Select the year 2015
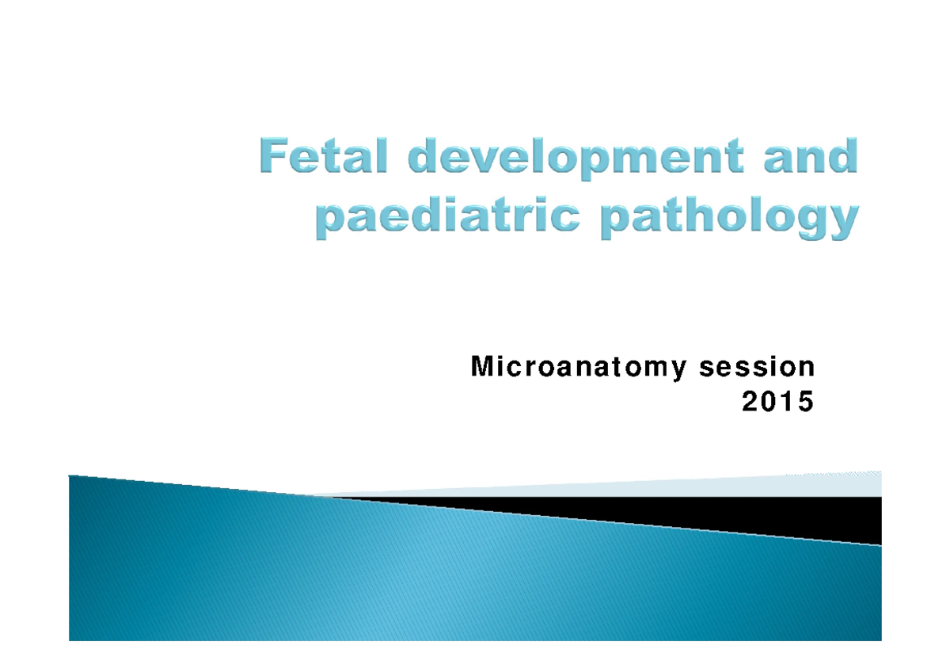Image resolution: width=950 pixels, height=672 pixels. (x=777, y=403)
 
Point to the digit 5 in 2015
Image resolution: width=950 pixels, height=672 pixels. (x=805, y=403)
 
